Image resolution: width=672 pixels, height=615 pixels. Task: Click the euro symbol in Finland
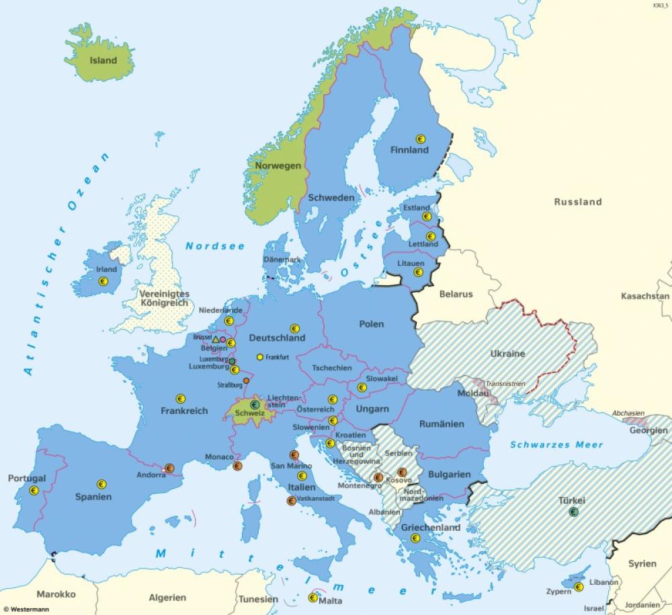(x=421, y=139)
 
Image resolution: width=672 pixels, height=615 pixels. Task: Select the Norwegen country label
(x=278, y=166)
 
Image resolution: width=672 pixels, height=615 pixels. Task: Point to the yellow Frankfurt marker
(x=260, y=357)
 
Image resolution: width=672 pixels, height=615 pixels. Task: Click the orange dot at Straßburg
(x=247, y=381)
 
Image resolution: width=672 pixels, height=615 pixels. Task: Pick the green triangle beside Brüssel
(x=216, y=340)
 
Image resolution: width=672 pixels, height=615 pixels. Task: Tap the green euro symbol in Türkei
(x=574, y=512)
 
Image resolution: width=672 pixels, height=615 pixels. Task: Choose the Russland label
(x=577, y=201)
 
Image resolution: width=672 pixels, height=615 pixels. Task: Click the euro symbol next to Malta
(x=312, y=597)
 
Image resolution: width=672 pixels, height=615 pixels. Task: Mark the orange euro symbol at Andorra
(x=169, y=468)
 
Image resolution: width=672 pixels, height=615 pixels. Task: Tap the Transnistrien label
(x=505, y=384)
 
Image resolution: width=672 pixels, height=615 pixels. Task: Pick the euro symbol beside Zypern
(x=578, y=587)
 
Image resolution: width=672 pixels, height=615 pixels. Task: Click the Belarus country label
(x=456, y=294)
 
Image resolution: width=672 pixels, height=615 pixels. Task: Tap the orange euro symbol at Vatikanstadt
(x=291, y=501)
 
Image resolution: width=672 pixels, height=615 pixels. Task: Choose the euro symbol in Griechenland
(x=415, y=538)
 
